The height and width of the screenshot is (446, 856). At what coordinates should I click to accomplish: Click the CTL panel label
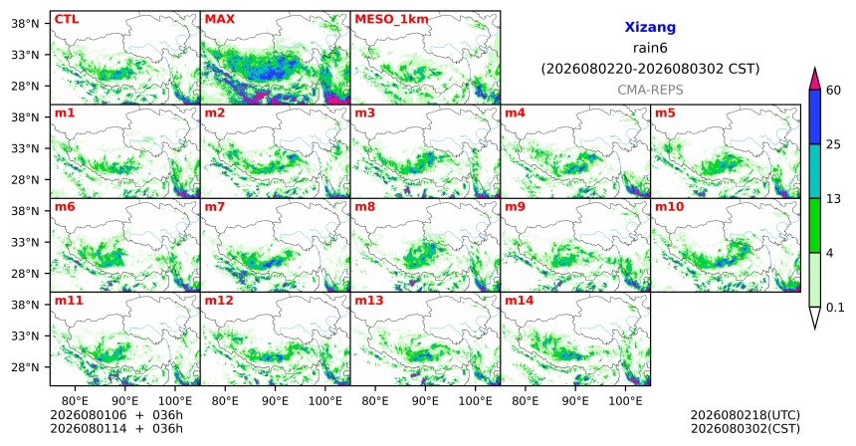(67, 19)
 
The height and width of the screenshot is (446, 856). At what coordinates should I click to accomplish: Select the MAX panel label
(219, 19)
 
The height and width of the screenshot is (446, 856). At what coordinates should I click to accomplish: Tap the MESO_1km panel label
(391, 20)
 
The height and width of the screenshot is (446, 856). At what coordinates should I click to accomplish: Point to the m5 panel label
(665, 113)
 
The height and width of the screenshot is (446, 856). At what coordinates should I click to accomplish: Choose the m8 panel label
(364, 207)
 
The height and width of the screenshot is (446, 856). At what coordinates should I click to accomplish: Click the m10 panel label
(669, 207)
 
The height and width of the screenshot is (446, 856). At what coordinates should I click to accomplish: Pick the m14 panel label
(519, 301)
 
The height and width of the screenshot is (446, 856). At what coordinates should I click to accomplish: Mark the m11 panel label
(69, 301)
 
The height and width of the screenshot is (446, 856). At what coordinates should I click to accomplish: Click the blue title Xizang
(650, 27)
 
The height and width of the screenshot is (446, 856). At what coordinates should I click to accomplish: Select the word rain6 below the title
(650, 48)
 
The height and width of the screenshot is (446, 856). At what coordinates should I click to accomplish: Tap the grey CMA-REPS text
(650, 90)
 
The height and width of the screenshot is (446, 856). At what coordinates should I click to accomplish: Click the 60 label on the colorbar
(833, 90)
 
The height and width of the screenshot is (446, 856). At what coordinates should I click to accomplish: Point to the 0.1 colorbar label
(835, 308)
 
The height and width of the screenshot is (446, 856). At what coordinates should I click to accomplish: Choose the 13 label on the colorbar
(833, 199)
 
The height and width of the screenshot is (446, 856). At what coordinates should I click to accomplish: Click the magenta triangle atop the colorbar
(814, 79)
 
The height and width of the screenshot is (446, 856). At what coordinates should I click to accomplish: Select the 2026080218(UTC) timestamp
(746, 415)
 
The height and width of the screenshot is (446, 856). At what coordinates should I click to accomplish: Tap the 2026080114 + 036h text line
(116, 428)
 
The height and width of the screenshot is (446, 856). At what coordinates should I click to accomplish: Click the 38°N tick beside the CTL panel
(25, 24)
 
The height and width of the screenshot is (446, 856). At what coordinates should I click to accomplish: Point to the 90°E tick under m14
(575, 401)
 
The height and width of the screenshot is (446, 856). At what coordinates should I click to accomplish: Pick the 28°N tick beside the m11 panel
(25, 366)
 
